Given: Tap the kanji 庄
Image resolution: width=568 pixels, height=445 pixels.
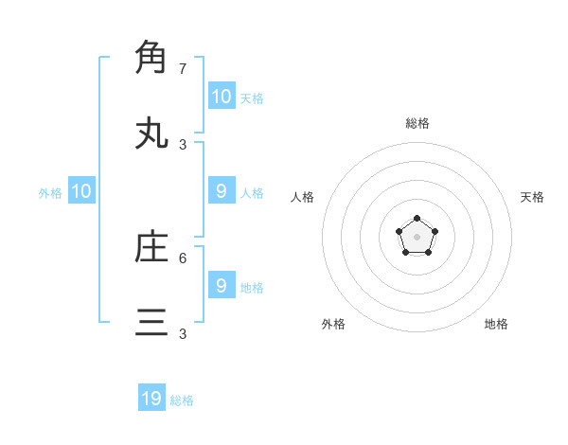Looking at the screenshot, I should (x=151, y=247).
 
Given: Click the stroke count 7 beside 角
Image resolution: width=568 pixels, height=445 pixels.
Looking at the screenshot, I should (x=182, y=69).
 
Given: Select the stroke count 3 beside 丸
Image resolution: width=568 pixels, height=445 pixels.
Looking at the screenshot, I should (x=182, y=145).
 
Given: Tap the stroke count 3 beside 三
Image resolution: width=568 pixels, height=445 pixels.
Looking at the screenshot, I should (x=182, y=334).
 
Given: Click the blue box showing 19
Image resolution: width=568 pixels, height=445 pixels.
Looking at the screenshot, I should (x=151, y=399).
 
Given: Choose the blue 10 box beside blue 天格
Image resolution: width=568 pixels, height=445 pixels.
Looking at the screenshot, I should (x=221, y=97).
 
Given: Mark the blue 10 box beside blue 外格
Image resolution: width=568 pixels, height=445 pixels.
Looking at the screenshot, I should (x=81, y=191).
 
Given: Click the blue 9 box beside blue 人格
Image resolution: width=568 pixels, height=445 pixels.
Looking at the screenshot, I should (x=221, y=191).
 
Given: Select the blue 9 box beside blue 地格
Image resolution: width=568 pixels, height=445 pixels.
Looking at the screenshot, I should (x=221, y=285).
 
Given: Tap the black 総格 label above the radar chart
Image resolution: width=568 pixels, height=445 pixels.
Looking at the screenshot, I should (x=417, y=123).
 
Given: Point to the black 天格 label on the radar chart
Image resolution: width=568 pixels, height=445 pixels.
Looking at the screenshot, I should (x=532, y=197).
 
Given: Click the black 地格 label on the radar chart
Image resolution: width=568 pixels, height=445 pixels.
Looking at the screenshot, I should (x=496, y=324).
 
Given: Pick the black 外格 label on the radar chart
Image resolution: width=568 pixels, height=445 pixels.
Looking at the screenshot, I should (x=333, y=324).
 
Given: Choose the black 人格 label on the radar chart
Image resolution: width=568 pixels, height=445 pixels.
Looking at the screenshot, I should (x=303, y=197).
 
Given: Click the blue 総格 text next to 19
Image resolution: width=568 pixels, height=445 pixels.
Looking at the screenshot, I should (x=182, y=400).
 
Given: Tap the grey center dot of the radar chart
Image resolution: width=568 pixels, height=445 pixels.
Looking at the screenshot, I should (x=417, y=237).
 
